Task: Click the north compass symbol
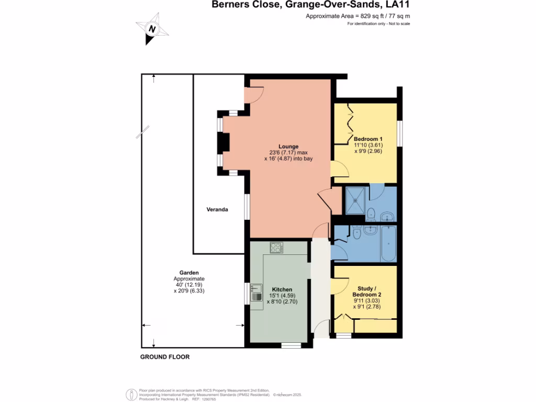pos(152,29)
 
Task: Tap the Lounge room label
pos(288,147)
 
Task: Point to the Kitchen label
pos(282,289)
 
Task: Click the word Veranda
pos(217,209)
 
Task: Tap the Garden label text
pos(189,273)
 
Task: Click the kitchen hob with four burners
pos(276,248)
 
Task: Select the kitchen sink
pos(256,292)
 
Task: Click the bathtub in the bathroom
pos(388,244)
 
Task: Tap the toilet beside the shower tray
pos(370,213)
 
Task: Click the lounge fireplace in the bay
pos(224,142)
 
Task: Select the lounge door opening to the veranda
pos(254,94)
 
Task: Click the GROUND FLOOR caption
pos(165,357)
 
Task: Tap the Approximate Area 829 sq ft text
pos(358,16)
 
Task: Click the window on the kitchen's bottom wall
pos(291,345)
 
